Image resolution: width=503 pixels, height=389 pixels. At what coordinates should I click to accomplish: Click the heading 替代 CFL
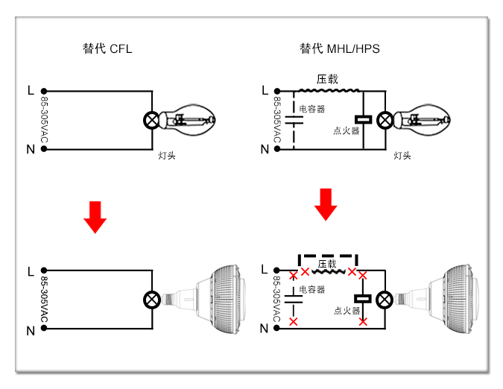107,48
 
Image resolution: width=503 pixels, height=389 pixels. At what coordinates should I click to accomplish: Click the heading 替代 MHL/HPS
339,48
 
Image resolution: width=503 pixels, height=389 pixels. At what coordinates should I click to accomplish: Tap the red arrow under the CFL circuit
95,217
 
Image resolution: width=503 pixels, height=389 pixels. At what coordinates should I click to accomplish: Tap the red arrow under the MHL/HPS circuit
326,204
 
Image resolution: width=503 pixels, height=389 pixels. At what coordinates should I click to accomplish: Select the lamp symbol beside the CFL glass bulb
152,120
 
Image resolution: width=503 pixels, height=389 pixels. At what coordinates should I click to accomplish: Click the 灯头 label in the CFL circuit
167,156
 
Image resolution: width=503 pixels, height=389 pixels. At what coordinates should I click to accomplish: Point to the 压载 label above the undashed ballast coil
327,79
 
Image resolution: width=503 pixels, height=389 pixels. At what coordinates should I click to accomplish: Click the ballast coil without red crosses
329,91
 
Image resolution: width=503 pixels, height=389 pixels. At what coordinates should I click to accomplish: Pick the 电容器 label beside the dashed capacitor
311,109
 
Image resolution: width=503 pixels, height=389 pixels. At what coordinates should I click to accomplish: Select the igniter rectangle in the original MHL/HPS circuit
363,120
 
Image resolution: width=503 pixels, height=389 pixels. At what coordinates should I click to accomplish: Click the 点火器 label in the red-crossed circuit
347,311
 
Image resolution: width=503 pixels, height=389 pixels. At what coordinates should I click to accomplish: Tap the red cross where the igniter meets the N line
363,321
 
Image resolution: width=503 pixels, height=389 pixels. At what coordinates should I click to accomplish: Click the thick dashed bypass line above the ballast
328,256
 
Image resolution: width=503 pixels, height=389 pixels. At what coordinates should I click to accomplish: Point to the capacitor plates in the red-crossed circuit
293,300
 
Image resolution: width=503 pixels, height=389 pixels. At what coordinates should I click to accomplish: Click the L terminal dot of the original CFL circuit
44,91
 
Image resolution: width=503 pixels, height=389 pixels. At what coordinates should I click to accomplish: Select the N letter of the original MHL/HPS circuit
265,149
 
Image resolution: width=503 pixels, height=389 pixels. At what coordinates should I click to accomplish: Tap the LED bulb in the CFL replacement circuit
205,300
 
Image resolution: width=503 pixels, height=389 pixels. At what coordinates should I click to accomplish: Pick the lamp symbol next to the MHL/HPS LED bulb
385,300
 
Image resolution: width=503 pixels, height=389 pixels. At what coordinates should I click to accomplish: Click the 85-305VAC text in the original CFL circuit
44,120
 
